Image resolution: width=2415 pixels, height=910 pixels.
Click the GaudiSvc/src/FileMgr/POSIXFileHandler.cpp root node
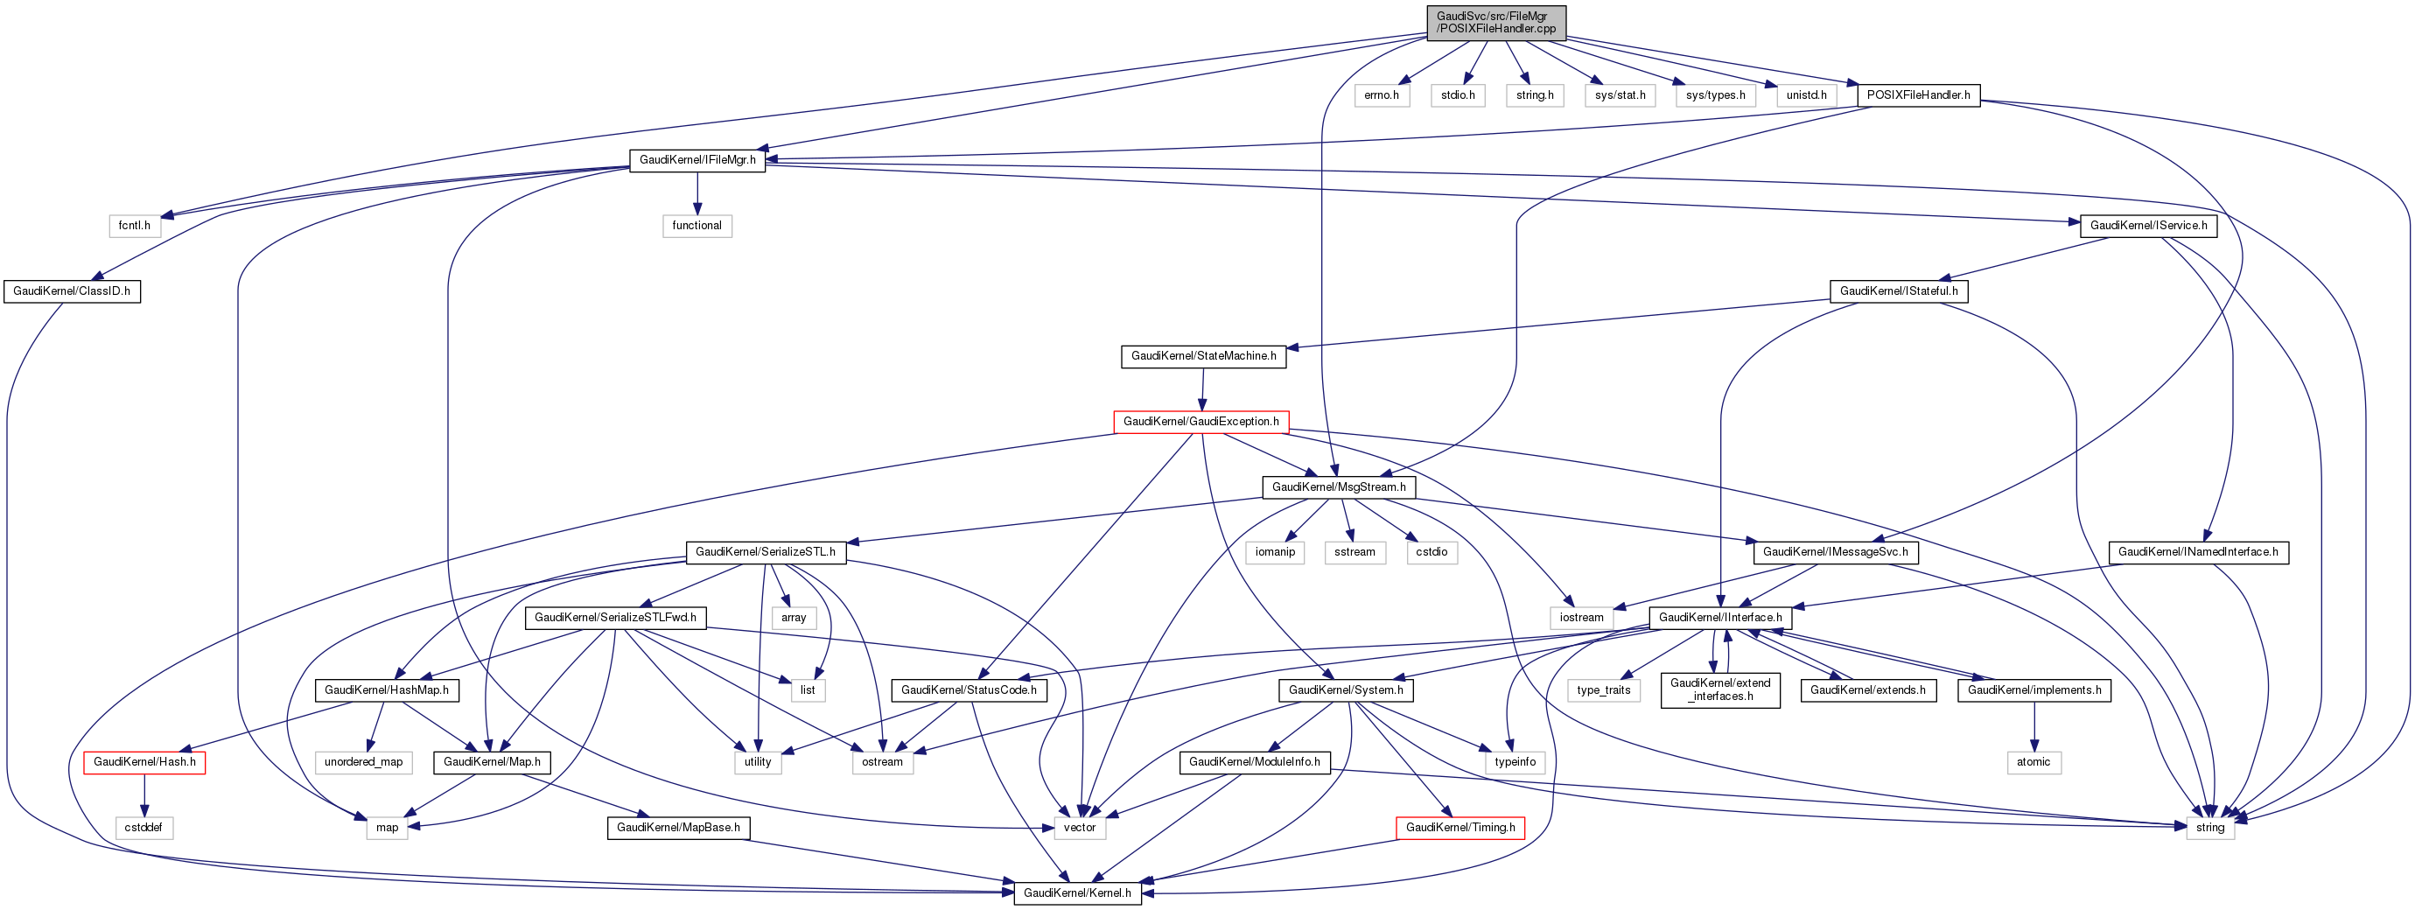(1495, 23)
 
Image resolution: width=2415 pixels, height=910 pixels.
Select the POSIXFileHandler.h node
(1917, 94)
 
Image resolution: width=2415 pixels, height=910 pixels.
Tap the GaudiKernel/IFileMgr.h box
(696, 160)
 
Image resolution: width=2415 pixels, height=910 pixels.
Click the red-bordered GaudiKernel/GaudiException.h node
(1200, 422)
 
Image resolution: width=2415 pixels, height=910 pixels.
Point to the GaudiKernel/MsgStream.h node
(1338, 487)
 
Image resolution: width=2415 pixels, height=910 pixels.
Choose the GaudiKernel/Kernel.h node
(1077, 893)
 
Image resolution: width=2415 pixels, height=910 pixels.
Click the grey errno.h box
(1381, 95)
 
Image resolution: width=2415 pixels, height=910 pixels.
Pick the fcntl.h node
(134, 226)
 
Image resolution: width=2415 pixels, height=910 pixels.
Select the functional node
(696, 226)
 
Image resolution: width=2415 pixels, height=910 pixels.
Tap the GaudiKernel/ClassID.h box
(71, 291)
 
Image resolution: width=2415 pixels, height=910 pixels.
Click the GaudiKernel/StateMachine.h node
(1203, 356)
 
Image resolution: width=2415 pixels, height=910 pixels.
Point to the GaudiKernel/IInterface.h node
(1719, 618)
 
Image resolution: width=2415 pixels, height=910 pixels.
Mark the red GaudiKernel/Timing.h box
(1459, 828)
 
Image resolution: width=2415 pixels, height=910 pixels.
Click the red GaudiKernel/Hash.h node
(144, 762)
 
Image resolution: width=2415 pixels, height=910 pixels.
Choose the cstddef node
(143, 828)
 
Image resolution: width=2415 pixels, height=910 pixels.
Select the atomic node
(2033, 762)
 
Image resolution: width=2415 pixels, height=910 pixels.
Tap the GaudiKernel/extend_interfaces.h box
(1719, 689)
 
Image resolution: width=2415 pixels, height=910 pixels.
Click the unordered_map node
(363, 762)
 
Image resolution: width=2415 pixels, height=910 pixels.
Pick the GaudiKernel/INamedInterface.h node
(2197, 552)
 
